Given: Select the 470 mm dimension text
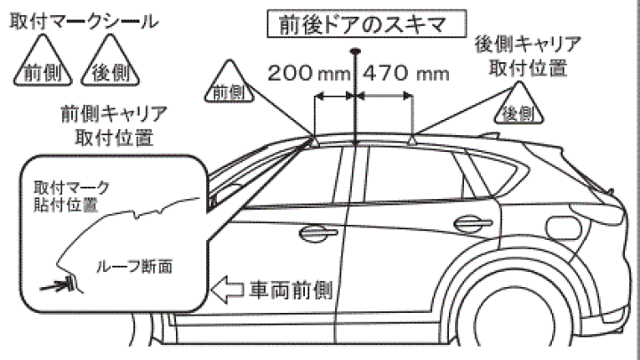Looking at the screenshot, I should coord(406,73).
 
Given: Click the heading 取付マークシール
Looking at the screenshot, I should coord(84,20).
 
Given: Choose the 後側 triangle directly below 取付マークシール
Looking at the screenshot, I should coord(106,69).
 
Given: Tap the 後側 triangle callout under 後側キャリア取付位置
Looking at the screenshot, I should coord(517,108).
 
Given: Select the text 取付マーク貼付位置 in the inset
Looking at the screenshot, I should coord(71,196).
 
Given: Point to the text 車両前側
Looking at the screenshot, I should coord(291,289).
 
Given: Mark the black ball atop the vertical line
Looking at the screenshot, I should coord(355,51).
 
